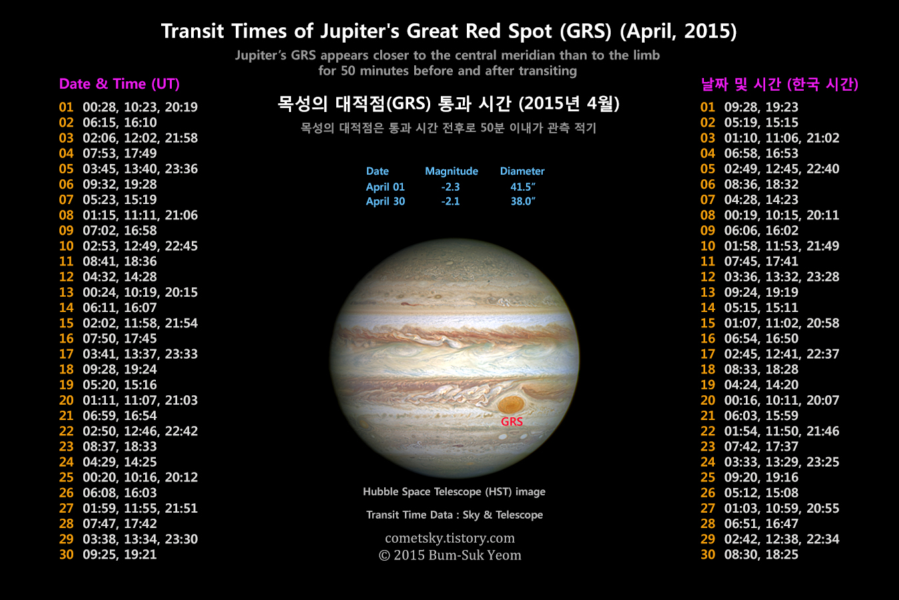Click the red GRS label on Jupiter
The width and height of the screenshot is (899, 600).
pyautogui.click(x=511, y=421)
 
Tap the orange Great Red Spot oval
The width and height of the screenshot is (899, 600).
pyautogui.click(x=511, y=404)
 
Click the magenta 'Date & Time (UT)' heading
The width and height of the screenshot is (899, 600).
pyautogui.click(x=119, y=84)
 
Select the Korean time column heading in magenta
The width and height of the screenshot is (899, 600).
pyautogui.click(x=779, y=84)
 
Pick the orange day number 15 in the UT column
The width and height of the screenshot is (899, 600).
pyautogui.click(x=66, y=323)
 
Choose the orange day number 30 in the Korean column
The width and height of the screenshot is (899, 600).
pyautogui.click(x=708, y=555)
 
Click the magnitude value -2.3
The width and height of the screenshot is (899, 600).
pyautogui.click(x=450, y=187)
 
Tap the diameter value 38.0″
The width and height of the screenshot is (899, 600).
pyautogui.click(x=523, y=201)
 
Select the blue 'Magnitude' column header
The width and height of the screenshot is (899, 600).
pyautogui.click(x=451, y=171)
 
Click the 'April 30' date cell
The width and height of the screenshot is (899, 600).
pyautogui.click(x=386, y=201)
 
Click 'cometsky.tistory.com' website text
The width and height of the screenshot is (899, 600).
pyautogui.click(x=450, y=538)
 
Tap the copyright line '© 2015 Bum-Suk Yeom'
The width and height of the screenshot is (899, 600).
pyautogui.click(x=450, y=555)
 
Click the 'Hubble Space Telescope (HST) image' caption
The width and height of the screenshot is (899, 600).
pyautogui.click(x=454, y=491)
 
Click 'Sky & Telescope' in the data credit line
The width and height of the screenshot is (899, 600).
pyautogui.click(x=503, y=515)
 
